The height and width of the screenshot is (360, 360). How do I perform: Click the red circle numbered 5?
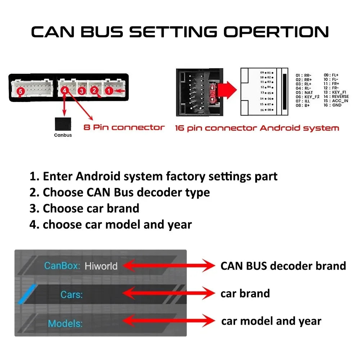pos(21,92)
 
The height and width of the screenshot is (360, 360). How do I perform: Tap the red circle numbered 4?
pos(65,91)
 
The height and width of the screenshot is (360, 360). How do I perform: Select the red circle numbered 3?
pos(82,91)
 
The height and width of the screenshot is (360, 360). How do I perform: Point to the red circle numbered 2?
pos(94,91)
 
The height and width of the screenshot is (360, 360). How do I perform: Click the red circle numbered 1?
pos(109,91)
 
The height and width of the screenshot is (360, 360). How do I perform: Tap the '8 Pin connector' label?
pos(124,127)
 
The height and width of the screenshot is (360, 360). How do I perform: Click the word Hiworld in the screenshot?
pos(101,266)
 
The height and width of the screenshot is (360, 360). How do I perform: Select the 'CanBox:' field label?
pos(62,266)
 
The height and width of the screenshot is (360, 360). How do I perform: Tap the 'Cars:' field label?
pos(71,294)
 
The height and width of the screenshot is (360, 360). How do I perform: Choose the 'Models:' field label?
pos(65,323)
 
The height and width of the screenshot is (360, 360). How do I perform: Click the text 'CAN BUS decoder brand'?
pos(283,266)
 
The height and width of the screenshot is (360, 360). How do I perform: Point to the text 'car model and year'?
pos(271,321)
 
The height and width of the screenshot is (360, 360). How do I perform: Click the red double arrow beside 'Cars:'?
pos(169,293)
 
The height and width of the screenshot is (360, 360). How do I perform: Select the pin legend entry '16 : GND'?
pos(333,105)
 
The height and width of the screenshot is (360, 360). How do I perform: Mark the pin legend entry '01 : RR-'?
pos(303,75)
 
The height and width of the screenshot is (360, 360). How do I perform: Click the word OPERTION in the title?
pos(276,32)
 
